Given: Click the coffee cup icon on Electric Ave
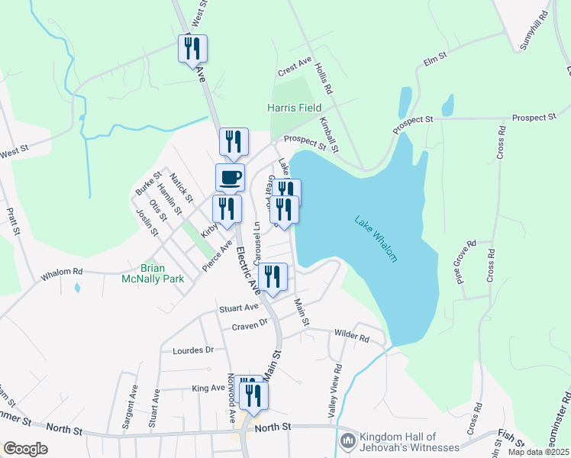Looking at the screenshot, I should pos(231,178).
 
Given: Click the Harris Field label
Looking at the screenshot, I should pos(294,108).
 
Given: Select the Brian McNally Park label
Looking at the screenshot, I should pos(153,273).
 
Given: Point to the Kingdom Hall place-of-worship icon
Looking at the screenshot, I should pos(348,440).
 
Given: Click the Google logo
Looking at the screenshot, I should pos(25,449).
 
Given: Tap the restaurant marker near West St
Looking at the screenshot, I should pos(192,49).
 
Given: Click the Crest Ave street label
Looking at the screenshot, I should pos(295,69).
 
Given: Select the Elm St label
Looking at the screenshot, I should pos(434,59).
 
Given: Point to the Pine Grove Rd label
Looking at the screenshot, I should pos(466,262).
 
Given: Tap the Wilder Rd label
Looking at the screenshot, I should pos(351,336).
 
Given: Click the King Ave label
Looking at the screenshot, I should pos(208,389).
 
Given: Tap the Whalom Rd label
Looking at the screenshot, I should pos(61,271).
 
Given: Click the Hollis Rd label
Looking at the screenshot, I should pos(324,78).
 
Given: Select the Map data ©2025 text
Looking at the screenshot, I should pos(540,452).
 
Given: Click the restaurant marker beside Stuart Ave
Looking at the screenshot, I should pos(273,277).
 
